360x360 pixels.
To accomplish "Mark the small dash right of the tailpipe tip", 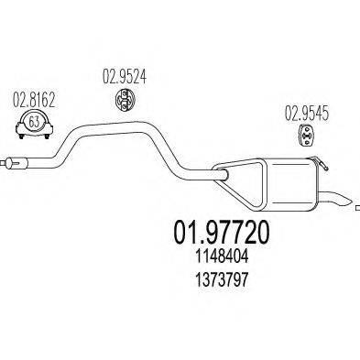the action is (x=357, y=209).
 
